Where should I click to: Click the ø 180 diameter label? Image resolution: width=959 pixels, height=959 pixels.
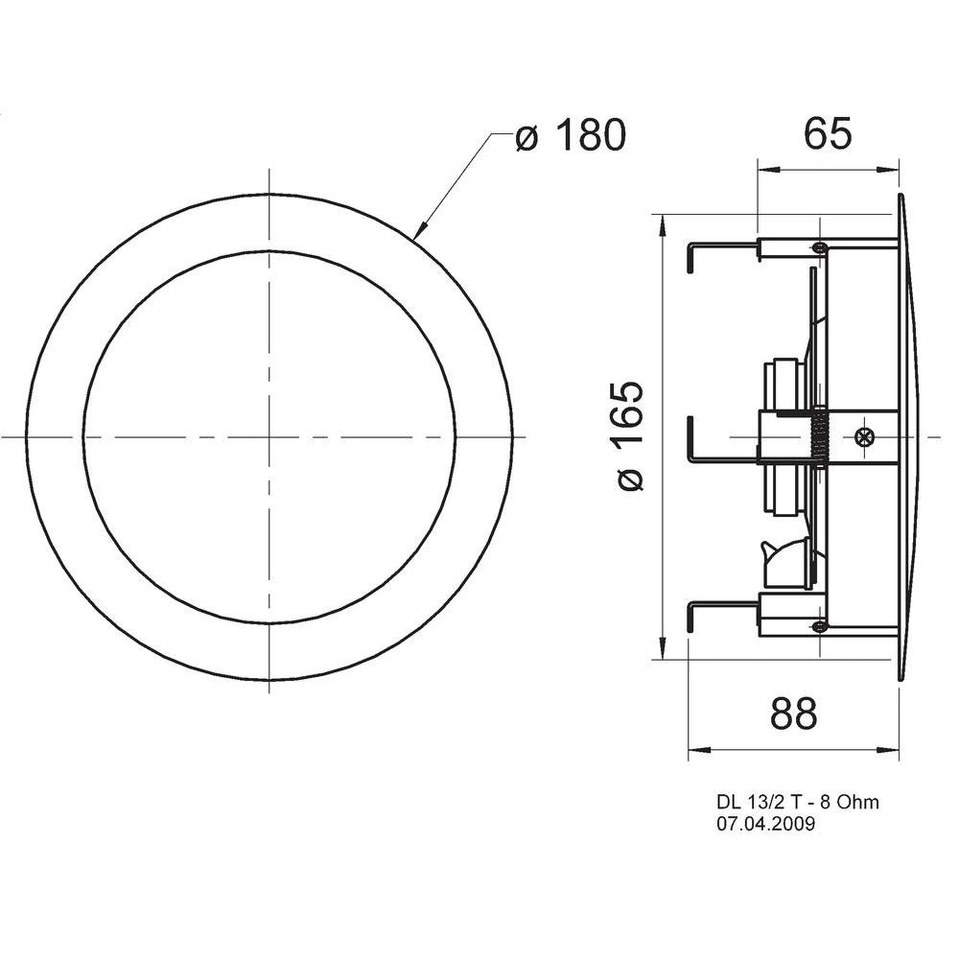[x=570, y=136]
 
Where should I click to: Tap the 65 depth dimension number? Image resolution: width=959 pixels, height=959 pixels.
[x=828, y=134]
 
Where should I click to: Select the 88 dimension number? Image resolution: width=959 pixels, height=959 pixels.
[x=793, y=713]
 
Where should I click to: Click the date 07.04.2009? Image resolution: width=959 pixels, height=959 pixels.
[x=766, y=824]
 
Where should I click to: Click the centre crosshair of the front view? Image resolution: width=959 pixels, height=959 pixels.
[x=269, y=436]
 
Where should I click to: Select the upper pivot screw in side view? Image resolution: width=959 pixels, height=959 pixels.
[x=818, y=247]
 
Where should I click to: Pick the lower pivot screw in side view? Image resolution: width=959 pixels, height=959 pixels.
[x=818, y=626]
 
